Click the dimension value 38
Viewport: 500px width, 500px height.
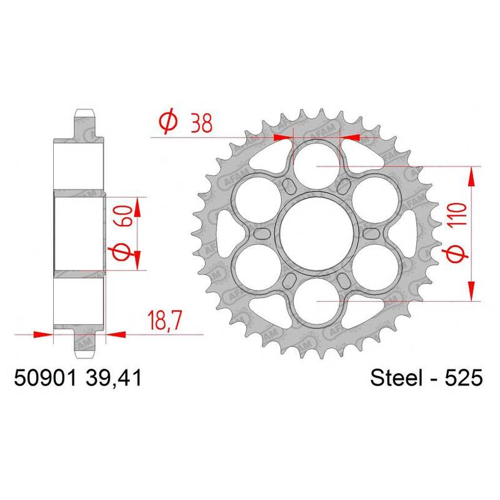click(201, 123)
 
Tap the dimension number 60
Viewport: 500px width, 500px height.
click(122, 216)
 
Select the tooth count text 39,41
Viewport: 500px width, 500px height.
click(113, 379)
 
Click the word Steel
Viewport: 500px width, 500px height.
click(395, 378)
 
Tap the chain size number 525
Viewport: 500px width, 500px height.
click(463, 378)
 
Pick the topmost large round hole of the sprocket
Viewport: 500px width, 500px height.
click(317, 166)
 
